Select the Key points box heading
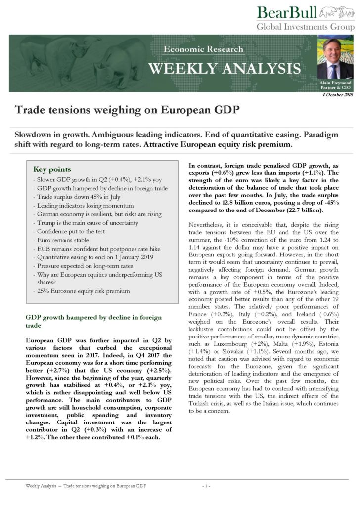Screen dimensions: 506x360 [x=52, y=169]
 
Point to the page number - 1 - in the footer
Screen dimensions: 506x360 [x=206, y=486]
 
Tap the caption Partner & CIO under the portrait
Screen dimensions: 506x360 [x=333, y=87]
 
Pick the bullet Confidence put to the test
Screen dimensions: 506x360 [x=69, y=232]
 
